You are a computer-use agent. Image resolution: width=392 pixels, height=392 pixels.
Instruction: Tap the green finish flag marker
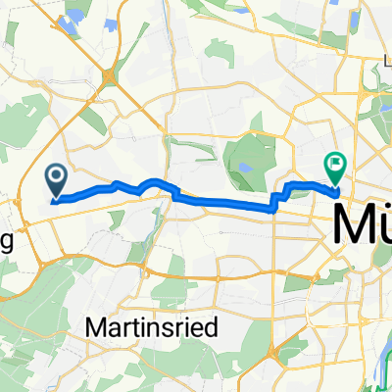335,167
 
